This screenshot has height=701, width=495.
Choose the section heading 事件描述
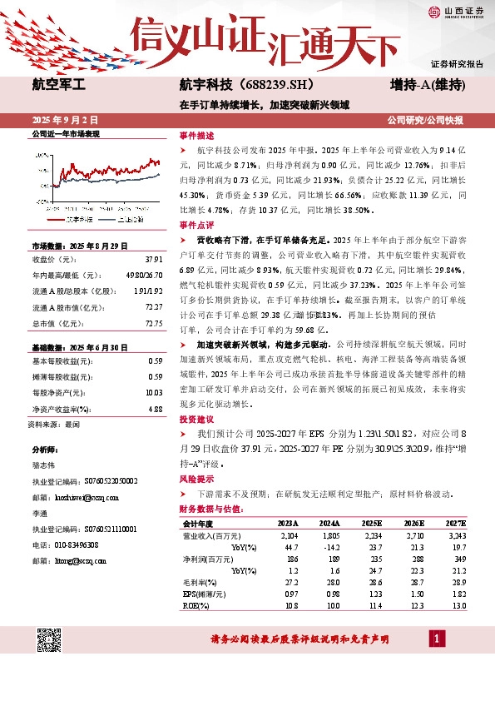(196, 135)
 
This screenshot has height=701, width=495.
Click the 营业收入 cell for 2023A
(289, 535)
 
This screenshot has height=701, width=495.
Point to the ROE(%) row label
(196, 605)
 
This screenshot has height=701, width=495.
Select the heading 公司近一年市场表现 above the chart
(65, 134)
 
